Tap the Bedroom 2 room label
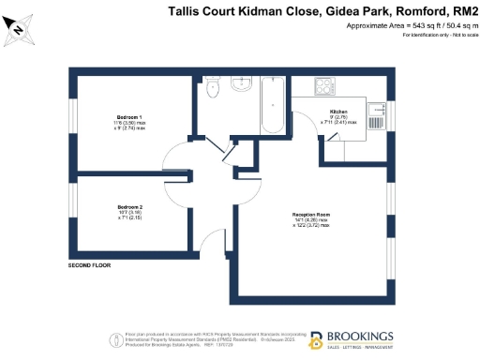(129, 206)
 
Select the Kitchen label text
(339, 111)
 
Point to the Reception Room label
(311, 215)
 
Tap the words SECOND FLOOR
(90, 266)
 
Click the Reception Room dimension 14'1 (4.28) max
(311, 220)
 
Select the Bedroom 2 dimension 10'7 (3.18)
(129, 212)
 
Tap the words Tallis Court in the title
(200, 11)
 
